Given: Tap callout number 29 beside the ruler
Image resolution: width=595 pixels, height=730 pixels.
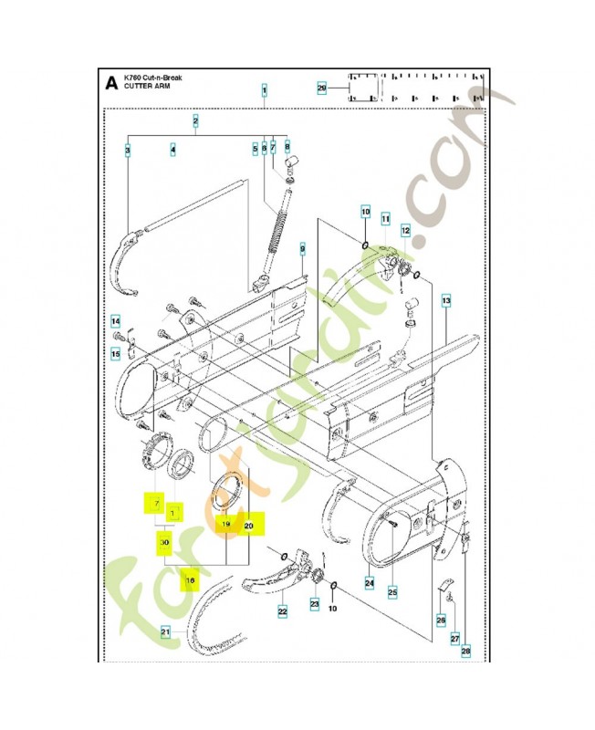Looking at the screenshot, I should click(x=321, y=89).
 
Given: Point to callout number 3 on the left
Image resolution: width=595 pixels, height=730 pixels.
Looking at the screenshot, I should click(x=127, y=150).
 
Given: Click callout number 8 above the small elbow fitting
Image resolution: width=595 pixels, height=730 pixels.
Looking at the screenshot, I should click(x=287, y=146).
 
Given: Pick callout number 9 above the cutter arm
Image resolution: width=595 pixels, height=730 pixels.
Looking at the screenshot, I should click(x=302, y=248).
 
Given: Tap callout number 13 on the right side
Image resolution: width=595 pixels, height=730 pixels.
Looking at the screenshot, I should click(x=445, y=300).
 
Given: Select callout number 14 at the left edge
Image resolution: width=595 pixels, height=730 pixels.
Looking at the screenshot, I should click(x=116, y=321).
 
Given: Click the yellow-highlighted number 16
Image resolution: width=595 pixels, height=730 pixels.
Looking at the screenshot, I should click(x=190, y=579).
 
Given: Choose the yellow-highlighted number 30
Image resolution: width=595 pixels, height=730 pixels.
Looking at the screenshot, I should click(x=164, y=542).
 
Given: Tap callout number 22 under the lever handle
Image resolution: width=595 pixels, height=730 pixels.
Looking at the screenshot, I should click(x=283, y=611).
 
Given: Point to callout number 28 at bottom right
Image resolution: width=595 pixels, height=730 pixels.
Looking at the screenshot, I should click(x=465, y=651).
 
